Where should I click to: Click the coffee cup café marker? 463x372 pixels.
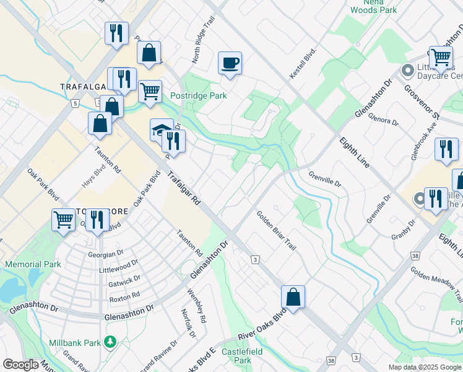(230, 63)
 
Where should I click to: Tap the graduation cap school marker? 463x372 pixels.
(161, 130)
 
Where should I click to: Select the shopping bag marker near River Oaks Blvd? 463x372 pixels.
(293, 297)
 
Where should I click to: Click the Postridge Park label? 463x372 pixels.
(198, 95)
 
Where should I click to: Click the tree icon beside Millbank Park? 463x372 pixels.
(110, 342)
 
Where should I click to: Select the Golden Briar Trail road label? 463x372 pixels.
(277, 229)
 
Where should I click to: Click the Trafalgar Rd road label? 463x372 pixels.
(184, 189)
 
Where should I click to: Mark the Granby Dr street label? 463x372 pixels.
(402, 229)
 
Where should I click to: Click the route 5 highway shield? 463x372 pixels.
(75, 104)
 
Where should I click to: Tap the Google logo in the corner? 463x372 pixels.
(20, 365)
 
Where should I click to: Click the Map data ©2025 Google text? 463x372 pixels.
(424, 367)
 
